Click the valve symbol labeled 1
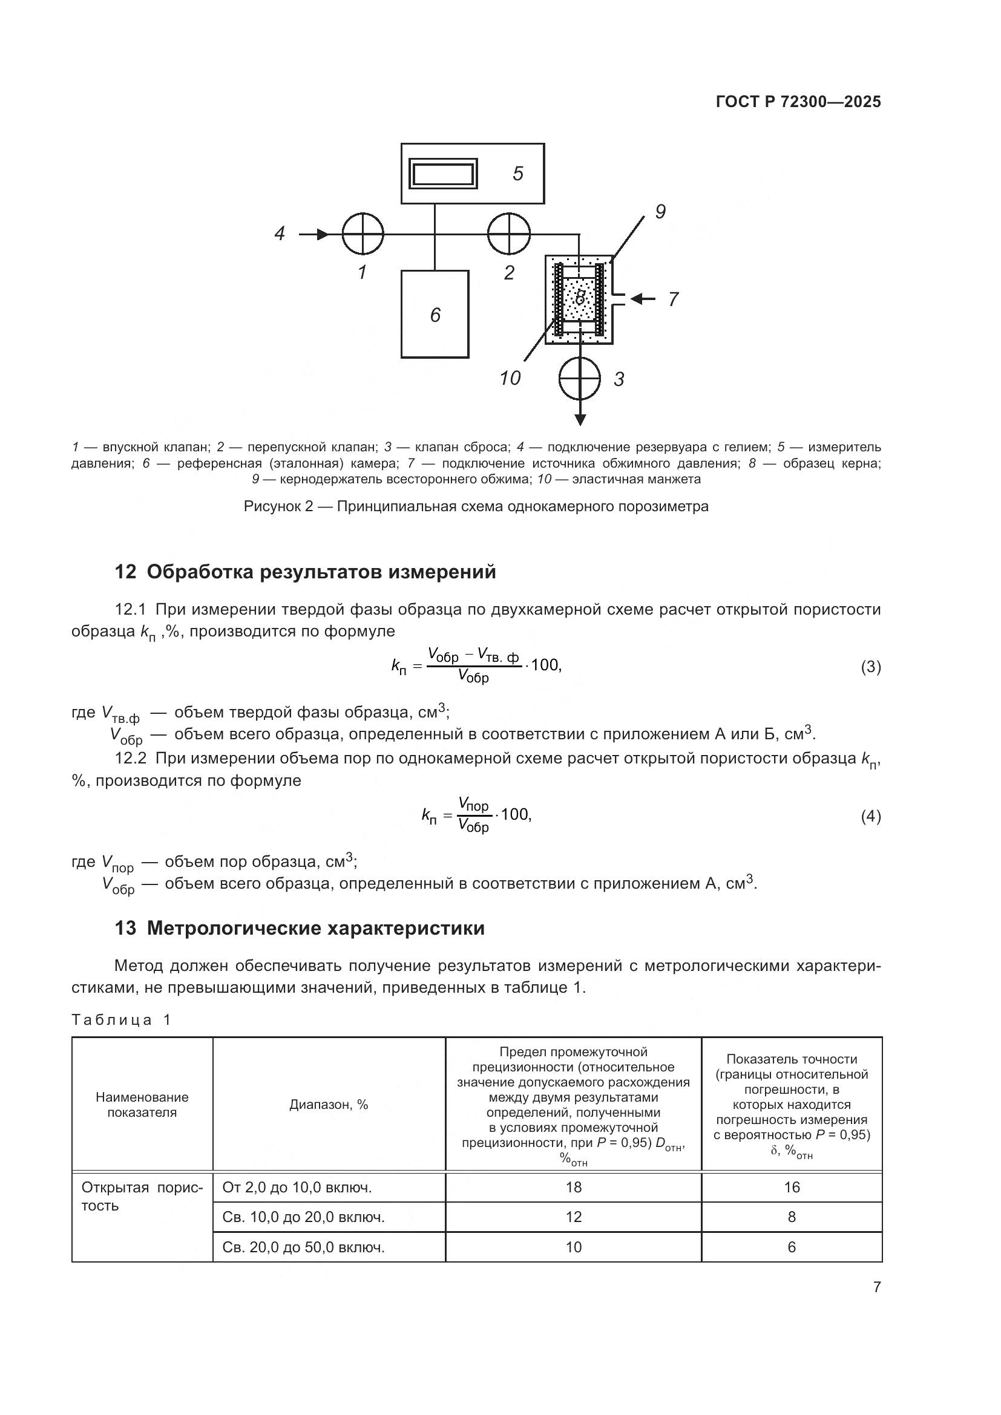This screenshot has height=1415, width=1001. [363, 234]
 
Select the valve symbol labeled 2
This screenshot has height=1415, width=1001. [508, 234]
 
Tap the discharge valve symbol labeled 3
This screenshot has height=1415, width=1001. [579, 377]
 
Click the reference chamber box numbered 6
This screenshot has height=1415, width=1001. [435, 315]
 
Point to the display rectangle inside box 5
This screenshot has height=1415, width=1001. [443, 174]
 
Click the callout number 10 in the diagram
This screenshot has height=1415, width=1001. [510, 377]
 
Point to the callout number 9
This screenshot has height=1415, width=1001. [660, 212]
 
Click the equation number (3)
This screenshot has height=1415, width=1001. [870, 667]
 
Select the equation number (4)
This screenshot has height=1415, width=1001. [870, 817]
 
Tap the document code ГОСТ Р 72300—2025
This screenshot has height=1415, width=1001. [798, 102]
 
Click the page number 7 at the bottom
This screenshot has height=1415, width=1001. [876, 1287]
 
